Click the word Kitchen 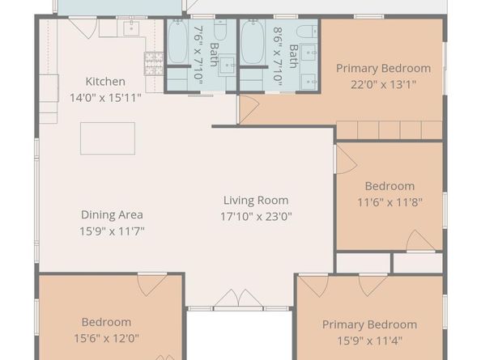coord(105,82)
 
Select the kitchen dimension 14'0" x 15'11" coord(105,98)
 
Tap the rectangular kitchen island coord(108,138)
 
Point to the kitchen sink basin coord(131,28)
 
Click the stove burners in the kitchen coord(154,64)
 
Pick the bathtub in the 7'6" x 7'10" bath coord(177,41)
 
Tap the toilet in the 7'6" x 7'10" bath coord(220,30)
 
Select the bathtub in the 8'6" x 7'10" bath coord(253,41)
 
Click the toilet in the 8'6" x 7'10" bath coord(308,32)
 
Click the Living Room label coord(256,201)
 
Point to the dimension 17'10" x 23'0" coord(256,217)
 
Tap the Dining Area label coord(112,214)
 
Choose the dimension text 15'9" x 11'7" coord(112,231)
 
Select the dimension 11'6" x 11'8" coord(389,202)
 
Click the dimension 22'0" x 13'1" coord(384,84)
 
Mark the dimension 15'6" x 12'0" coord(106,338)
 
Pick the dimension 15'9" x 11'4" coord(369,341)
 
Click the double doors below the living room coord(238,298)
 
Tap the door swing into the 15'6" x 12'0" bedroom coord(152,285)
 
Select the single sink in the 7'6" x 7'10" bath coord(227,65)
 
